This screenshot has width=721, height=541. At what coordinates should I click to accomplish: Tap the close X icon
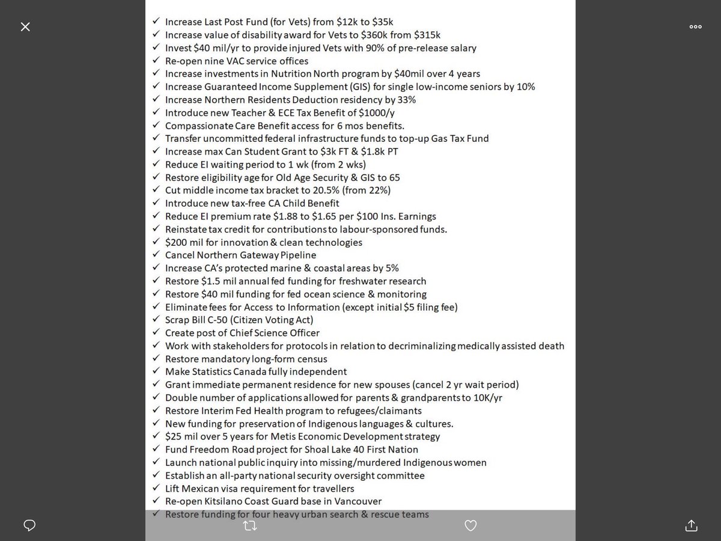pos(25,27)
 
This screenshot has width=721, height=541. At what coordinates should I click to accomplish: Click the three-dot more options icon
pos(695,27)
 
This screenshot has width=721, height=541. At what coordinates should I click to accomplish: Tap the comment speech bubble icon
pos(29,525)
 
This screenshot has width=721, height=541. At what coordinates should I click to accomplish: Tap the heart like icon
pos(471,525)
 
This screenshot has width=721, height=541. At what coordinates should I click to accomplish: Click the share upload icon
pos(691,525)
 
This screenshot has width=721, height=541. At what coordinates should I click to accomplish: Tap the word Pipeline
pos(296,255)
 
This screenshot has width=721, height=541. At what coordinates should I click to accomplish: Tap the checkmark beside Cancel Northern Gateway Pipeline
pos(155,255)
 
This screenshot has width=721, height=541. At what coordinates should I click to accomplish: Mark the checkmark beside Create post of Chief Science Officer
pos(155,333)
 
